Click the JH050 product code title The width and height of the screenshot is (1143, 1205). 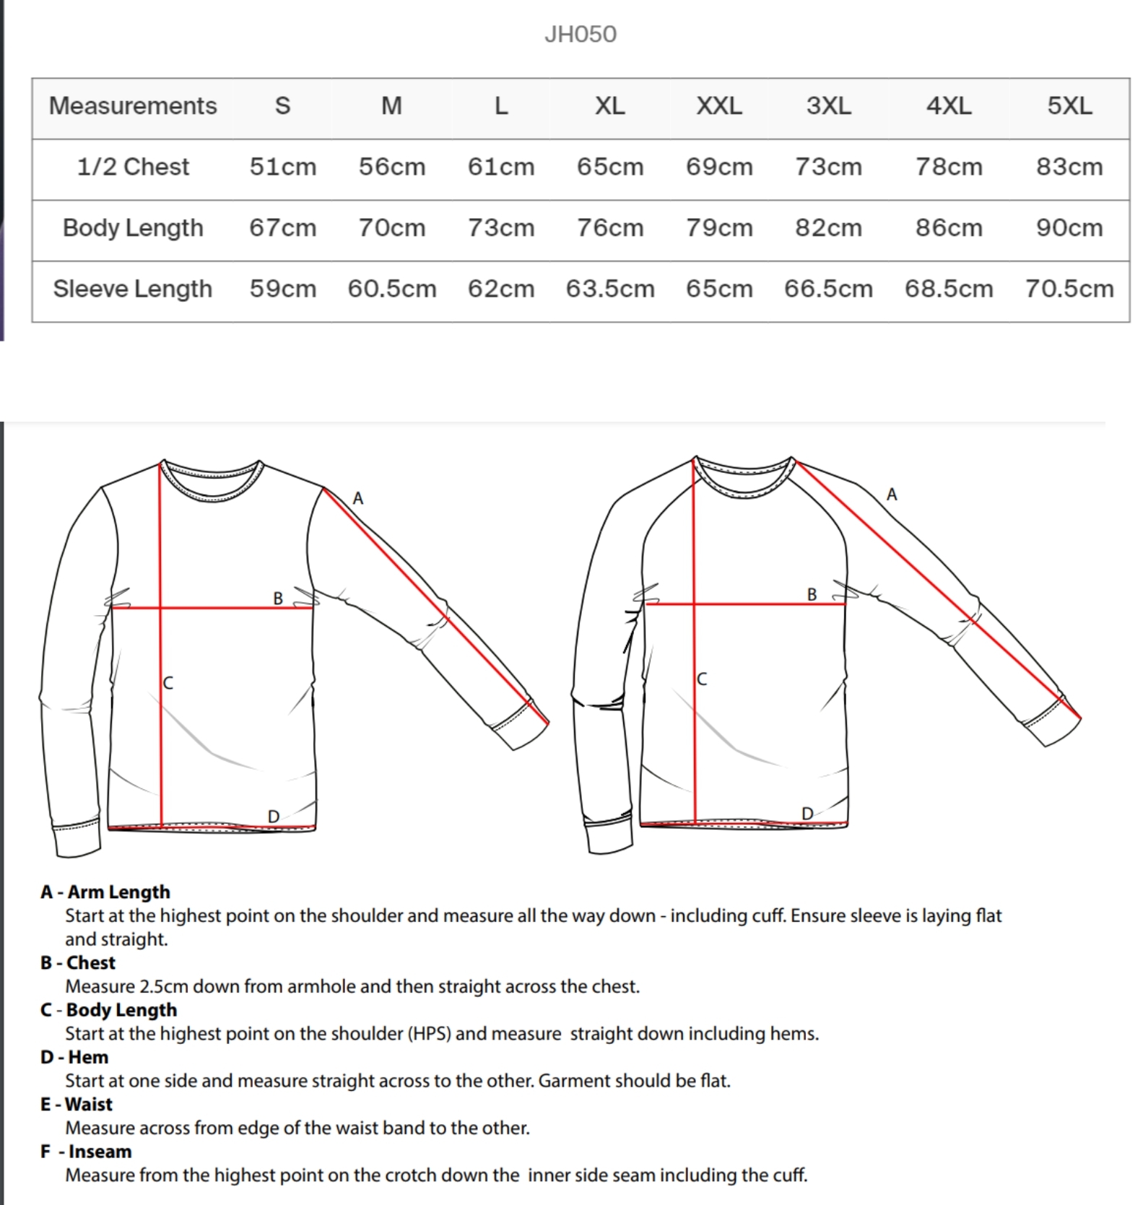coord(580,35)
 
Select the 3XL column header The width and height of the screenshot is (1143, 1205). coord(828,106)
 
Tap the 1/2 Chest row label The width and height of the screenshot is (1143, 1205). coord(133,167)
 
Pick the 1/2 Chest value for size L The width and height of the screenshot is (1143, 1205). coord(500,167)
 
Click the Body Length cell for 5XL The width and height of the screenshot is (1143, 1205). coord(1069,228)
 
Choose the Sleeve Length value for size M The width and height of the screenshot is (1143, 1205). coord(391,289)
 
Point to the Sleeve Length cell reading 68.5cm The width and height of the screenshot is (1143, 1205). coord(948,289)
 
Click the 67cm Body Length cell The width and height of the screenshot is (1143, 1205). coord(282,228)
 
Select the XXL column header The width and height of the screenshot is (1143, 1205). coord(718,106)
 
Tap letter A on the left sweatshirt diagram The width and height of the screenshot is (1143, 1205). coord(357,498)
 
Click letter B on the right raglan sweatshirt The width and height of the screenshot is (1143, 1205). coord(812,594)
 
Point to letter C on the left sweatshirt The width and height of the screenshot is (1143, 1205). coord(168,682)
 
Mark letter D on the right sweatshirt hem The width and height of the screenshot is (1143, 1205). coord(807,814)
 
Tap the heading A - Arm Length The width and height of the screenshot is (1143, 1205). coord(105,892)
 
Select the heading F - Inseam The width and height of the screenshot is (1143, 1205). coord(86,1151)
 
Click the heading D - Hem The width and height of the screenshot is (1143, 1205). coord(74,1057)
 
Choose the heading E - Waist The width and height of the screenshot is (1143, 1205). coord(77,1104)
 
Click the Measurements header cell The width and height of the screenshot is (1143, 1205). coord(133,106)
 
